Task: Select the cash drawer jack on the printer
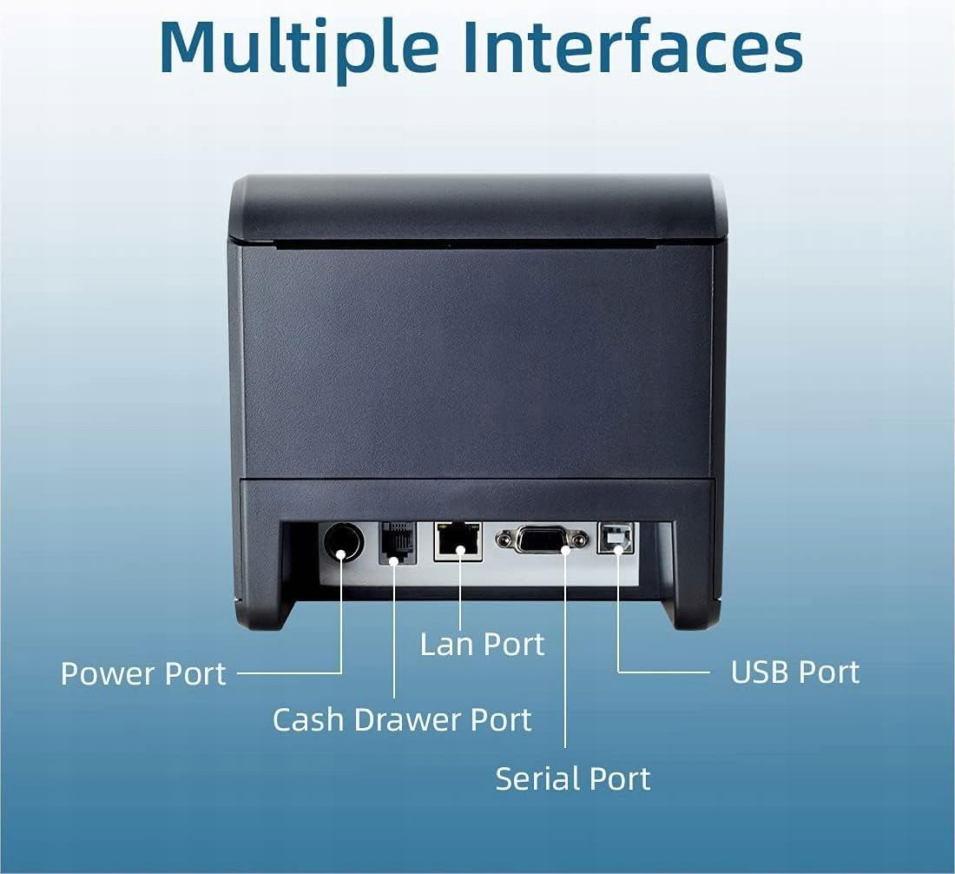[x=397, y=543]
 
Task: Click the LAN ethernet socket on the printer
[x=458, y=540]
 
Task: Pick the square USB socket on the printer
[x=616, y=540]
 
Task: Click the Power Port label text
[x=143, y=673]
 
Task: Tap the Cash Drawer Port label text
[x=401, y=719]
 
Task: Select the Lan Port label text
[x=482, y=644]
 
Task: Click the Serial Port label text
[x=572, y=778]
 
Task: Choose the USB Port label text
[x=794, y=672]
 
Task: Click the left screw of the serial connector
[x=504, y=540]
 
